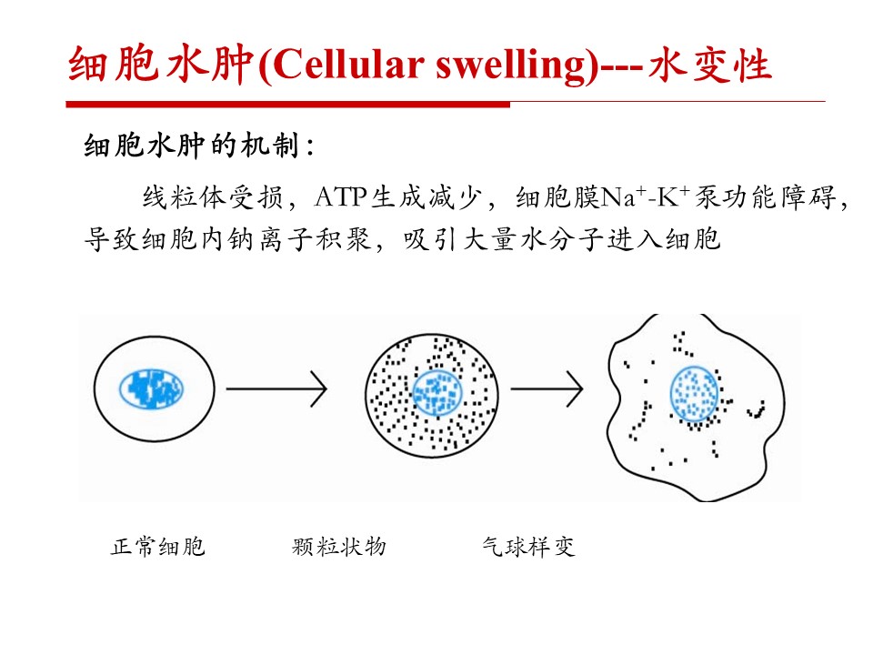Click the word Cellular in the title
(x=348, y=65)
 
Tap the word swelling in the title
(x=511, y=66)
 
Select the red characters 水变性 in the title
(x=710, y=65)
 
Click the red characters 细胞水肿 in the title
(x=162, y=65)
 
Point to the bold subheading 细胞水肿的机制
(x=192, y=146)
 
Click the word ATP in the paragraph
(x=340, y=197)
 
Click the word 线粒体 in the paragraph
(x=185, y=197)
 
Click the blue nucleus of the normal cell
(x=152, y=388)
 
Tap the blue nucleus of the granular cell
(x=437, y=393)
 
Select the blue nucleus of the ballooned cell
(x=694, y=394)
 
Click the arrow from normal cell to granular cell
(x=276, y=388)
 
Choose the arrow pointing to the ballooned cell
(x=547, y=388)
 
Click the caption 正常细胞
(x=158, y=547)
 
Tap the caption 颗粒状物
(x=339, y=547)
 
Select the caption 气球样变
(x=528, y=547)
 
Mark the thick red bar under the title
(x=288, y=104)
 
